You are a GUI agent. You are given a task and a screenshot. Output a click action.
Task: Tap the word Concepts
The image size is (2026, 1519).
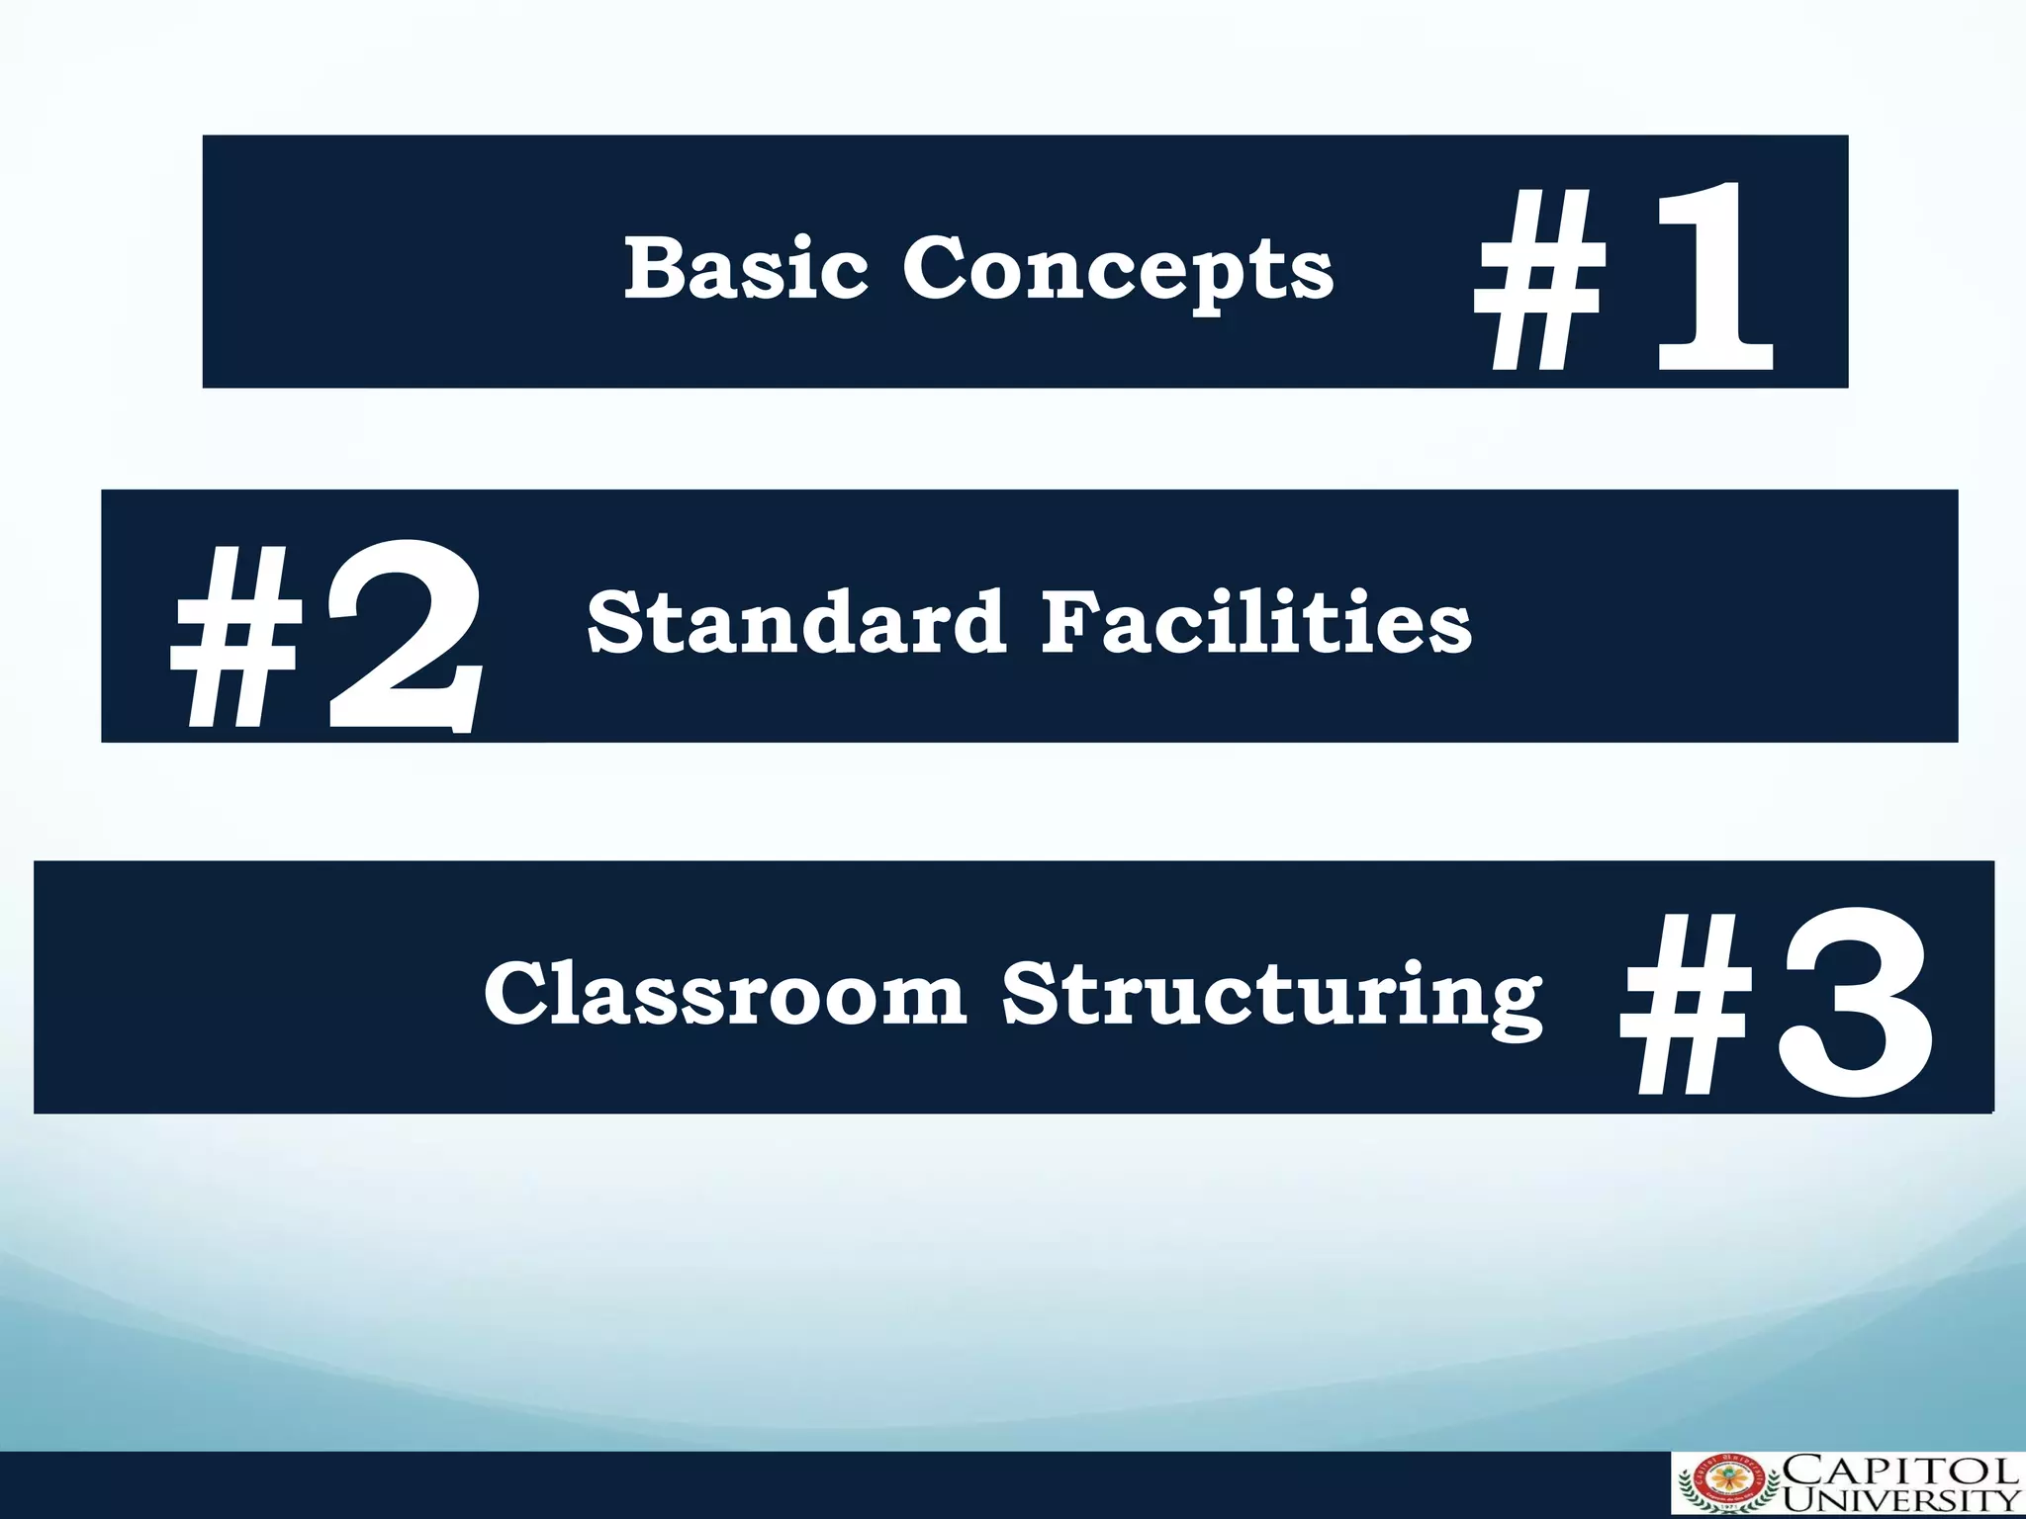[1118, 269]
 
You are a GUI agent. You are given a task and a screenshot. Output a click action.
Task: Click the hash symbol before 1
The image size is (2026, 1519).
[1538, 282]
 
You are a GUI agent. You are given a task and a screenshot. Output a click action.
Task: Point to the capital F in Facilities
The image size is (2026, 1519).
[1066, 621]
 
